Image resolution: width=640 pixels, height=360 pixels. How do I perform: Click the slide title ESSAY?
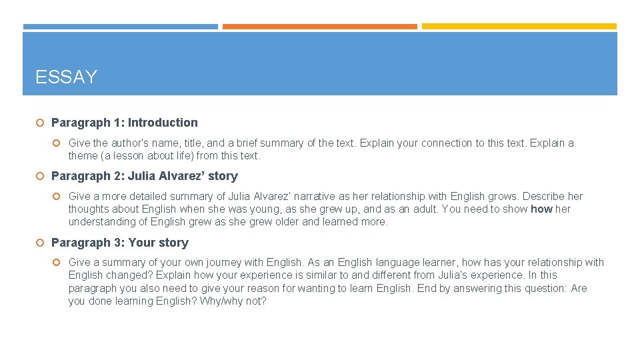pyautogui.click(x=66, y=77)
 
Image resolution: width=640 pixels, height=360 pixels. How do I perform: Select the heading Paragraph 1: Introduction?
pyautogui.click(x=124, y=123)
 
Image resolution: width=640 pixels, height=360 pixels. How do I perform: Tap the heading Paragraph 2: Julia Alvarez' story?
pyautogui.click(x=144, y=176)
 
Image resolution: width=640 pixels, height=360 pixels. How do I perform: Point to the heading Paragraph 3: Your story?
pyautogui.click(x=119, y=243)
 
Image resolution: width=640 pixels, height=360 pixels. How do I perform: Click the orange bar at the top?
pyautogui.click(x=319, y=27)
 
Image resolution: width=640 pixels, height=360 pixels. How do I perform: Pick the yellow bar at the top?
pyautogui.click(x=519, y=27)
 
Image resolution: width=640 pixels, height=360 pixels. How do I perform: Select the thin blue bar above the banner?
pyautogui.click(x=120, y=27)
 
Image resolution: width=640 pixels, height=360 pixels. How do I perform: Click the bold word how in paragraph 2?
pyautogui.click(x=541, y=209)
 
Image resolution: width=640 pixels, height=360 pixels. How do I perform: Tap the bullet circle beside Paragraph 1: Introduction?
pyautogui.click(x=40, y=123)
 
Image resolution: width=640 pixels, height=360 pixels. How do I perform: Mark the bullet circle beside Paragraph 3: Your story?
pyautogui.click(x=40, y=243)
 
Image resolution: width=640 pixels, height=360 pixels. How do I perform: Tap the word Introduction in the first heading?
pyautogui.click(x=163, y=123)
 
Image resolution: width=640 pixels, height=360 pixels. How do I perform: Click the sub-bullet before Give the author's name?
pyautogui.click(x=57, y=143)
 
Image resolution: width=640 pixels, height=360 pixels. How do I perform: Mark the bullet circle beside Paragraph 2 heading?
pyautogui.click(x=40, y=176)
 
